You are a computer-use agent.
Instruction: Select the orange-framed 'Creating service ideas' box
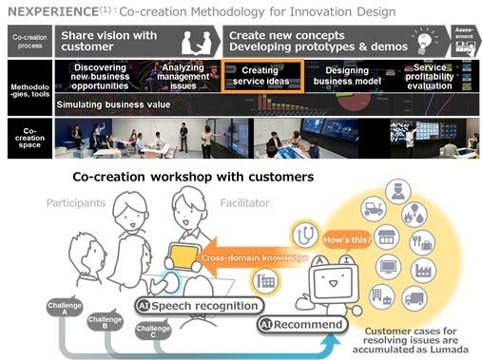tap(260, 77)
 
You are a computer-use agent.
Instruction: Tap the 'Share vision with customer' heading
tap(109, 41)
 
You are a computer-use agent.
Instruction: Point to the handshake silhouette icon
tap(200, 40)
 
